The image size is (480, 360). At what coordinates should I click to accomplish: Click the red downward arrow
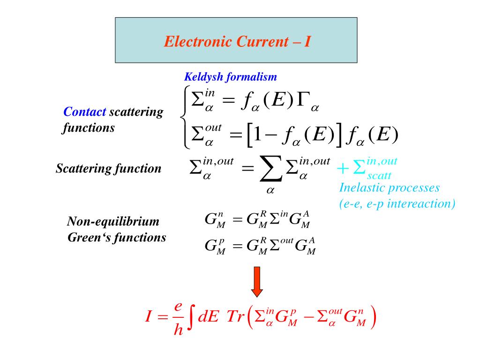click(x=257, y=282)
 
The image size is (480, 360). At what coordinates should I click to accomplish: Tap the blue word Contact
click(x=85, y=112)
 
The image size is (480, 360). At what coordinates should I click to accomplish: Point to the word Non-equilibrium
click(x=113, y=221)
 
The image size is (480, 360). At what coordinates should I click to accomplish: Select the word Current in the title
click(x=262, y=42)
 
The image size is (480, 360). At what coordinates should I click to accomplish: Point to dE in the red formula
click(x=207, y=317)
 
